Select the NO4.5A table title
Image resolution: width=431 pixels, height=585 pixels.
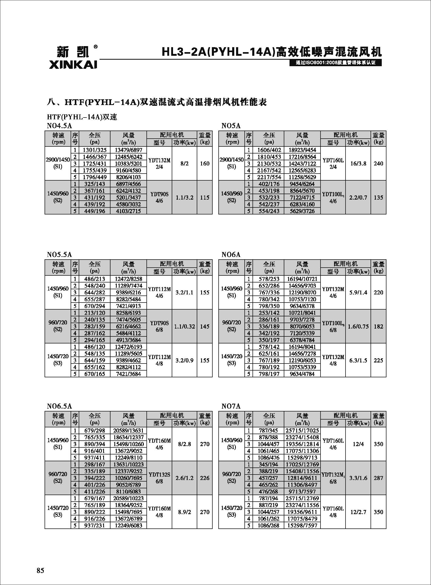[59, 126]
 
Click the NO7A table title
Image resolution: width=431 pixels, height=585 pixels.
[231, 406]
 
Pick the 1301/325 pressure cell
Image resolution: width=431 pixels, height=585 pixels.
[94, 150]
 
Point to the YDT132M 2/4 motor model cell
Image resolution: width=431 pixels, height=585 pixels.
[159, 164]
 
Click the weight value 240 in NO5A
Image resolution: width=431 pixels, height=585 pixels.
[378, 164]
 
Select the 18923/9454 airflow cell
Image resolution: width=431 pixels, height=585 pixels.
[302, 150]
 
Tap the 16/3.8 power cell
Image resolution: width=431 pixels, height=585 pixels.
[358, 164]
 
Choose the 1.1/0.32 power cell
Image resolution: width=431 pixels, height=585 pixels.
[184, 327]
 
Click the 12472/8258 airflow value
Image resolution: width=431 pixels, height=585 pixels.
[128, 279]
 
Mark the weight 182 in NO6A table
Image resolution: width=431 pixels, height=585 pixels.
[378, 327]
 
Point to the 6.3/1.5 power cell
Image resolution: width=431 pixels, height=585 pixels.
[358, 360]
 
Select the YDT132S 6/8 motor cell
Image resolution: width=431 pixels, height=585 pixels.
[159, 478]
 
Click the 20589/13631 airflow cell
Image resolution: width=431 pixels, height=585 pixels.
[128, 430]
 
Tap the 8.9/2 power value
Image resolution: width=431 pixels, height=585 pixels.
[184, 512]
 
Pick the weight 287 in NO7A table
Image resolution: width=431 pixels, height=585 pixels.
[378, 478]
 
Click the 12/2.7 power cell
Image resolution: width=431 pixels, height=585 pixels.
[358, 512]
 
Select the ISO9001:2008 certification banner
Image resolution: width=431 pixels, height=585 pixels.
[336, 63]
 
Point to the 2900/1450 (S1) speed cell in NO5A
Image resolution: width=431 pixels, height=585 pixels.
[231, 164]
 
